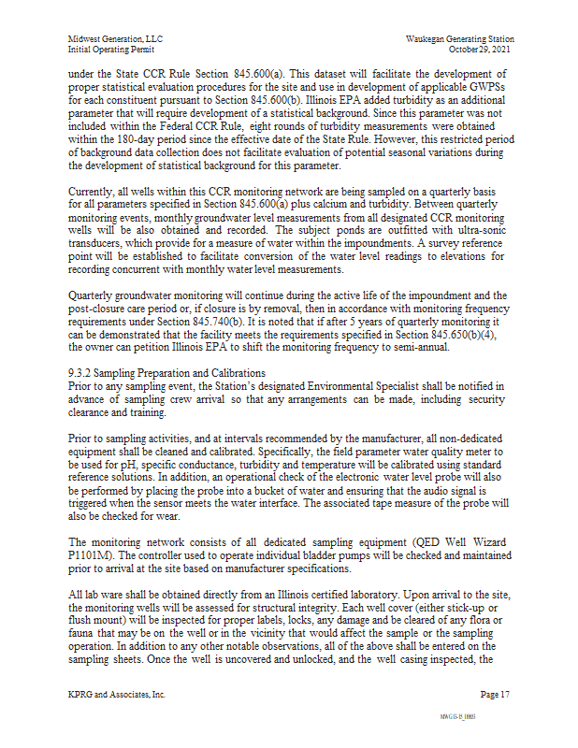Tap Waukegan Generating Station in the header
tap(460, 39)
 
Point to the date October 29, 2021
tap(481, 49)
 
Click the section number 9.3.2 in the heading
tap(79, 373)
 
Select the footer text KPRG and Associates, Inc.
tap(117, 695)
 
